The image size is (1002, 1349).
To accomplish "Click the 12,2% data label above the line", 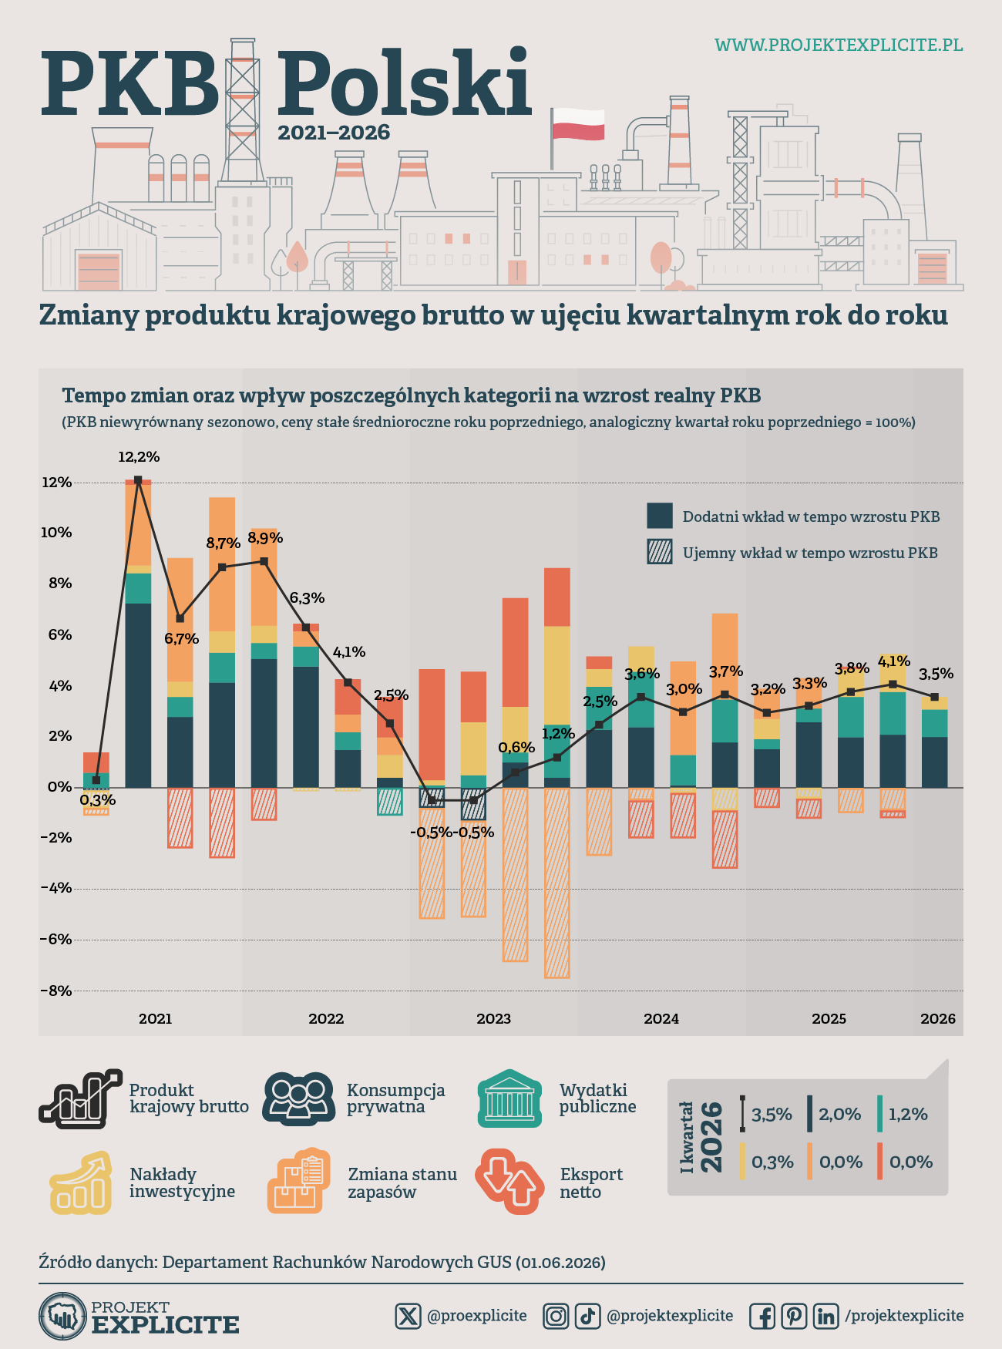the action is (x=139, y=457).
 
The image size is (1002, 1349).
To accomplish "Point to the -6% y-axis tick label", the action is (x=55, y=940).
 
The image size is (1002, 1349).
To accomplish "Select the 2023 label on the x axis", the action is (x=493, y=1019).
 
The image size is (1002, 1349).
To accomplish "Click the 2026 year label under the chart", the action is (x=938, y=1019).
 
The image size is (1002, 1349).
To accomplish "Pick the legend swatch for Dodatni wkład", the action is (x=660, y=516).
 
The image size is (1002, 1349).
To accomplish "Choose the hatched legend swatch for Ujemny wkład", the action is (x=660, y=552).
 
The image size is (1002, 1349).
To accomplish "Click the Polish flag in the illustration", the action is (x=578, y=123).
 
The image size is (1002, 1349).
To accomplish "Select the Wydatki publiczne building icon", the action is (x=509, y=1098).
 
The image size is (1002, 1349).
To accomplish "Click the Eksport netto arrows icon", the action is (x=509, y=1182).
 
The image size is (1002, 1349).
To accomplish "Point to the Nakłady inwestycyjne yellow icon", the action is (x=80, y=1182).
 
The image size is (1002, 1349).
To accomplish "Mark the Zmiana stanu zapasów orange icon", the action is (x=299, y=1181).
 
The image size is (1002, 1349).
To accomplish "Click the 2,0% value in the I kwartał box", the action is (x=840, y=1115).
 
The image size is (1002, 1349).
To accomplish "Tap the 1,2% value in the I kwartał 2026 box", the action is (x=908, y=1115).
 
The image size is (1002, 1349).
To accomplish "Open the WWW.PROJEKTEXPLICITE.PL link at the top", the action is (x=839, y=45).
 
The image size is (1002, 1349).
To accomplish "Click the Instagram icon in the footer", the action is (x=556, y=1316).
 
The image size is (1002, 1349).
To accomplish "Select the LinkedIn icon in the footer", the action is (x=825, y=1316).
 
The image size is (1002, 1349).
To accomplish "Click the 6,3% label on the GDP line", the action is (x=307, y=598).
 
